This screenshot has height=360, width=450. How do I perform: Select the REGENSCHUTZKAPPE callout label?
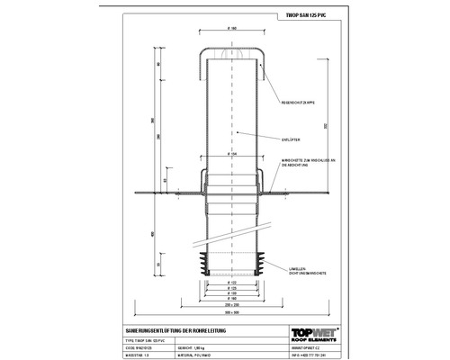click(x=298, y=103)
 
